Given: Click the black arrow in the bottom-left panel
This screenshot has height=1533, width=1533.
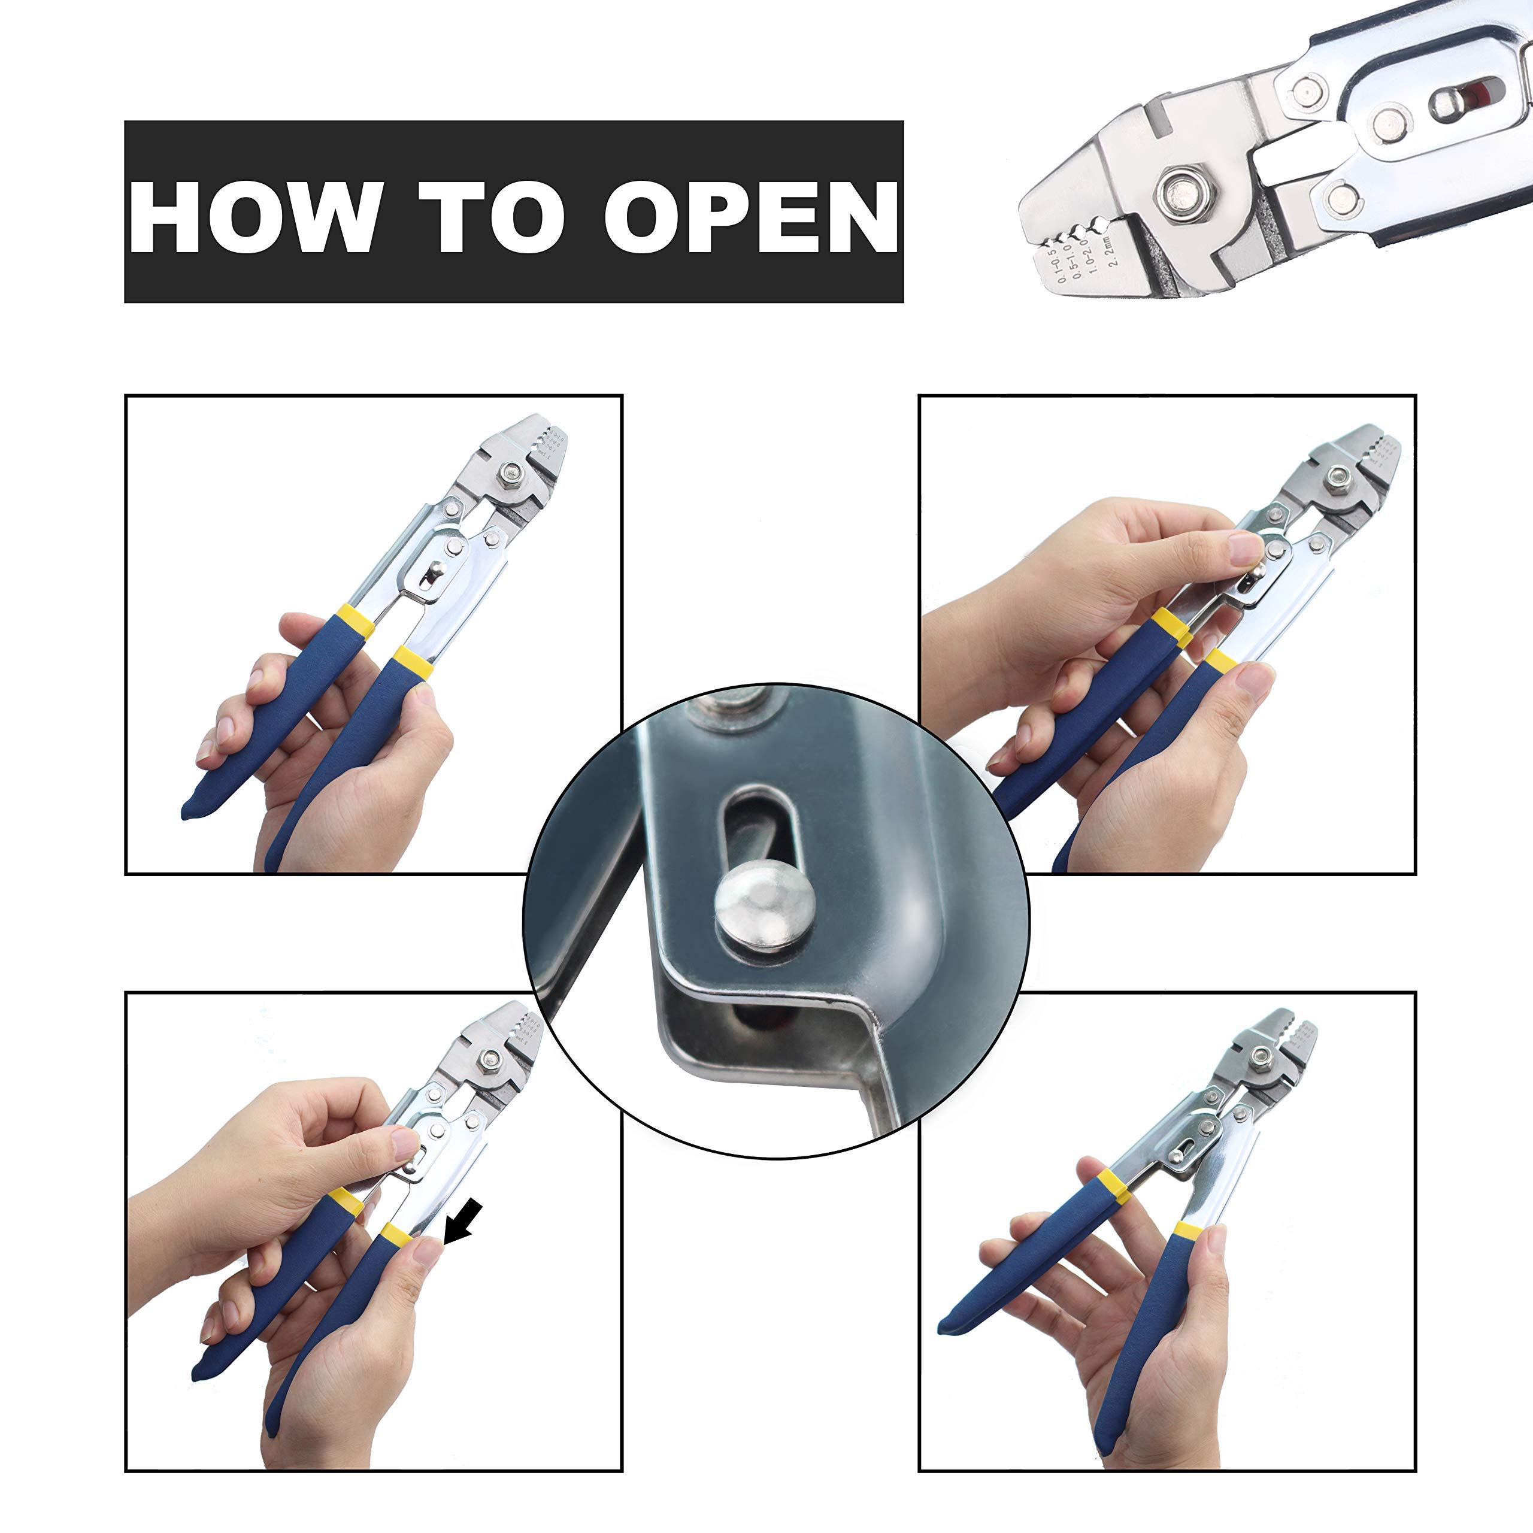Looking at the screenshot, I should pyautogui.click(x=463, y=1223).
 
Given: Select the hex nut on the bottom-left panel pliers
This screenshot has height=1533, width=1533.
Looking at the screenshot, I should pyautogui.click(x=490, y=1059).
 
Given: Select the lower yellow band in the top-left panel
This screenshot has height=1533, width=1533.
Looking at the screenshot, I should pyautogui.click(x=413, y=662).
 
